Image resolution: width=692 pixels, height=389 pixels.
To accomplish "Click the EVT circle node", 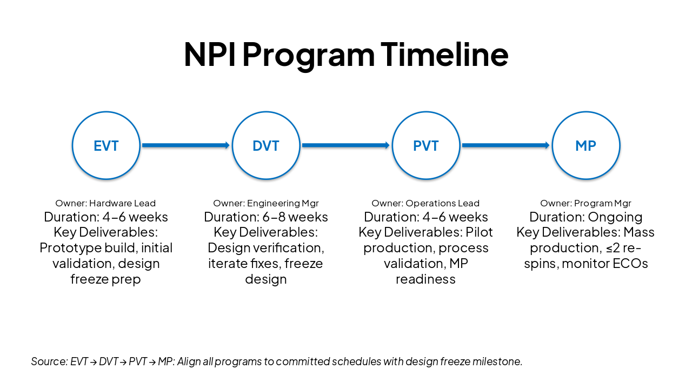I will click(x=106, y=145).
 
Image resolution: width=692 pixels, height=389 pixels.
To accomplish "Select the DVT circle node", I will click(x=266, y=145).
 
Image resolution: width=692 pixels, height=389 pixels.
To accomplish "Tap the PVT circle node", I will click(x=426, y=145).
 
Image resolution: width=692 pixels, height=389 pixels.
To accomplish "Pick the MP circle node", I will click(x=585, y=145).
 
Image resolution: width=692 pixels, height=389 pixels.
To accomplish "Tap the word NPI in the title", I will click(x=209, y=54).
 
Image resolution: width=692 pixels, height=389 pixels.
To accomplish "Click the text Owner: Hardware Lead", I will click(x=105, y=204).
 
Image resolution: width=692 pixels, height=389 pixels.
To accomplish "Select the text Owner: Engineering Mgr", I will click(x=266, y=204).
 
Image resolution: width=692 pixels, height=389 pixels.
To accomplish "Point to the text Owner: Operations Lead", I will click(x=425, y=204).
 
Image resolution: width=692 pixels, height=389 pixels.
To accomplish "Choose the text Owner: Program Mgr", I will click(x=585, y=204).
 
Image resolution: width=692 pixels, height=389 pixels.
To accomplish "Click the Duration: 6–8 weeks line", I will click(x=266, y=217).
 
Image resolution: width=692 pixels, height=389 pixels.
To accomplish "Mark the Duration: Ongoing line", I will click(x=585, y=217).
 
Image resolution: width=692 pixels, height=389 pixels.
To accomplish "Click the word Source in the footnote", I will click(x=48, y=361).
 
